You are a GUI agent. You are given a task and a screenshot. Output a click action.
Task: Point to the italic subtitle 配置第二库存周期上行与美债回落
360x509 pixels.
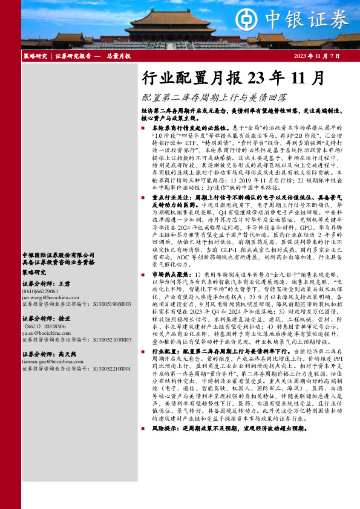pos(214,97)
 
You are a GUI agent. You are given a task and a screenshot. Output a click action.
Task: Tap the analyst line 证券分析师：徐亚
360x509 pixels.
pos(46,318)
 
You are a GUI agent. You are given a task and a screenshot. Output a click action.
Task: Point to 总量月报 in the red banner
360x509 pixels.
pos(116,56)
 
